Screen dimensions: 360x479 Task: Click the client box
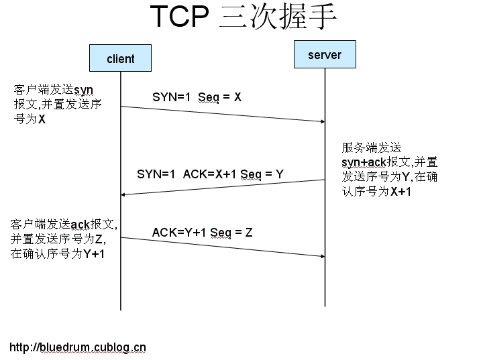point(121,58)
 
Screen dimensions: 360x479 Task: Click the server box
point(325,55)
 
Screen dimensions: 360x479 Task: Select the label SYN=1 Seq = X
point(197,97)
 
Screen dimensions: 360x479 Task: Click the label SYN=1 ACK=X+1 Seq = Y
point(210,174)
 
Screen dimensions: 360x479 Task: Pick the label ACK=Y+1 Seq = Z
point(202,233)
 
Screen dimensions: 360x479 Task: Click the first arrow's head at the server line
point(321,121)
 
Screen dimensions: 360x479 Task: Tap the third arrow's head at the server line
point(321,255)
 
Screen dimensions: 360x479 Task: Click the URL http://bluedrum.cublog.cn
point(78,347)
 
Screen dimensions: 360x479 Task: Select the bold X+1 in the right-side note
point(401,192)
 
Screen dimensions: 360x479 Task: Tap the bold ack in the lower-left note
point(80,224)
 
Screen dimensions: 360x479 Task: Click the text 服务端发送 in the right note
point(371,147)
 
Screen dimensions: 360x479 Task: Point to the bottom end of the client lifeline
point(121,308)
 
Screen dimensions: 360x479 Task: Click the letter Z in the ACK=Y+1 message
point(248,233)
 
